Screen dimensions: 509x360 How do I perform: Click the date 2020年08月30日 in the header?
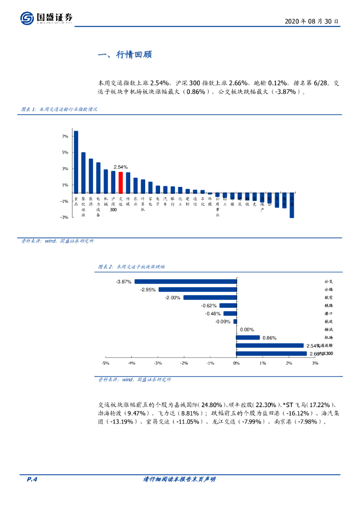[312, 22]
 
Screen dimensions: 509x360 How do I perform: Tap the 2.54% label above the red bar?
[120, 167]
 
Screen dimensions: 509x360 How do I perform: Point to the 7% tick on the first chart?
[65, 136]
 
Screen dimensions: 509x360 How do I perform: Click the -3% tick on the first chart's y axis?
[64, 217]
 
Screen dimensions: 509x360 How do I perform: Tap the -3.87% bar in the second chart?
[185, 281]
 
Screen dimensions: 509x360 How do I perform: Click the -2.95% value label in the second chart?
[148, 289]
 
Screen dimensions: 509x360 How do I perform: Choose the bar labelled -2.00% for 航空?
[209, 297]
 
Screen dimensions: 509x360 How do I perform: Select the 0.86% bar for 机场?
[248, 338]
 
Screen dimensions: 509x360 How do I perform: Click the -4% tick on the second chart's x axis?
[132, 363]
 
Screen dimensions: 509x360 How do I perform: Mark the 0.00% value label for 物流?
[247, 330]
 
